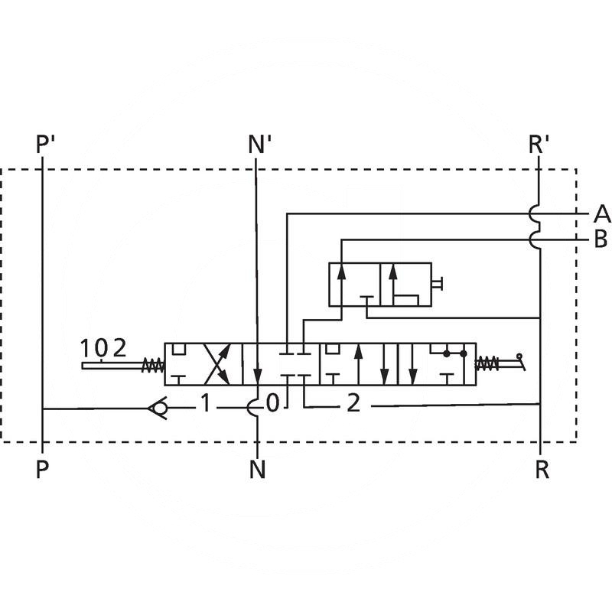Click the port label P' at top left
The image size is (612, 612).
tap(45, 144)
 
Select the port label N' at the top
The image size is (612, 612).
tap(259, 144)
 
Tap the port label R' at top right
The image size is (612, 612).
tap(539, 144)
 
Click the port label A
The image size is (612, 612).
tap(602, 214)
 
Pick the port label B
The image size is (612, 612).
tap(601, 239)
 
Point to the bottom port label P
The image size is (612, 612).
tap(42, 469)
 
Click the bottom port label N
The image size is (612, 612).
tap(258, 469)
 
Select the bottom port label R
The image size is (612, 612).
tap(542, 469)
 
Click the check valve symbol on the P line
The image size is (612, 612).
tap(158, 409)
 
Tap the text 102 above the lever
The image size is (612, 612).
tap(103, 348)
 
